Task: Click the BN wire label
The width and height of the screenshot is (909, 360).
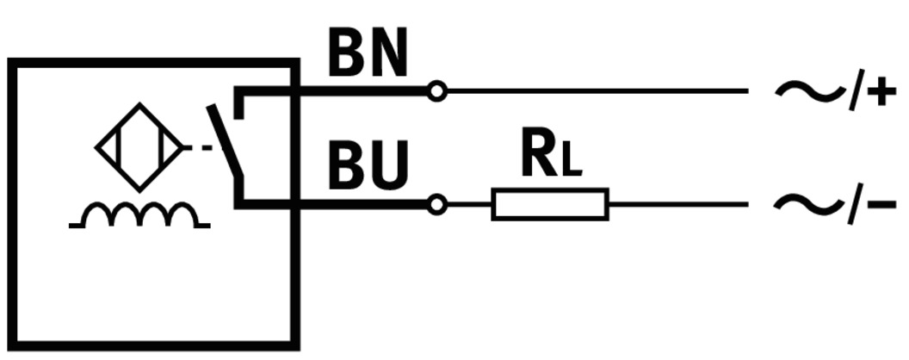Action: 368,57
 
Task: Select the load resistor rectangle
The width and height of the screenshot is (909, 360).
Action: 550,205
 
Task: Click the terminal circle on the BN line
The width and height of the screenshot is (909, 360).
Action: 437,90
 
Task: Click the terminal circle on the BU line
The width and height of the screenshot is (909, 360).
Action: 437,205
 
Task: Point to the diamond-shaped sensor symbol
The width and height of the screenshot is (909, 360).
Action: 138,147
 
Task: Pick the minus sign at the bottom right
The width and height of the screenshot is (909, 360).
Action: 881,205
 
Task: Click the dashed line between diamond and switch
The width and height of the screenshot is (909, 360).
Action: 200,148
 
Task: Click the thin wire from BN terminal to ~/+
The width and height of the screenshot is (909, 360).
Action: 594,90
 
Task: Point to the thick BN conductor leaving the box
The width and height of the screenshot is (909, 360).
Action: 362,90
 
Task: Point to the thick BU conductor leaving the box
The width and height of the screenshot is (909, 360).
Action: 362,205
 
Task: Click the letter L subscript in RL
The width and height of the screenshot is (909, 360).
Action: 571,164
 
